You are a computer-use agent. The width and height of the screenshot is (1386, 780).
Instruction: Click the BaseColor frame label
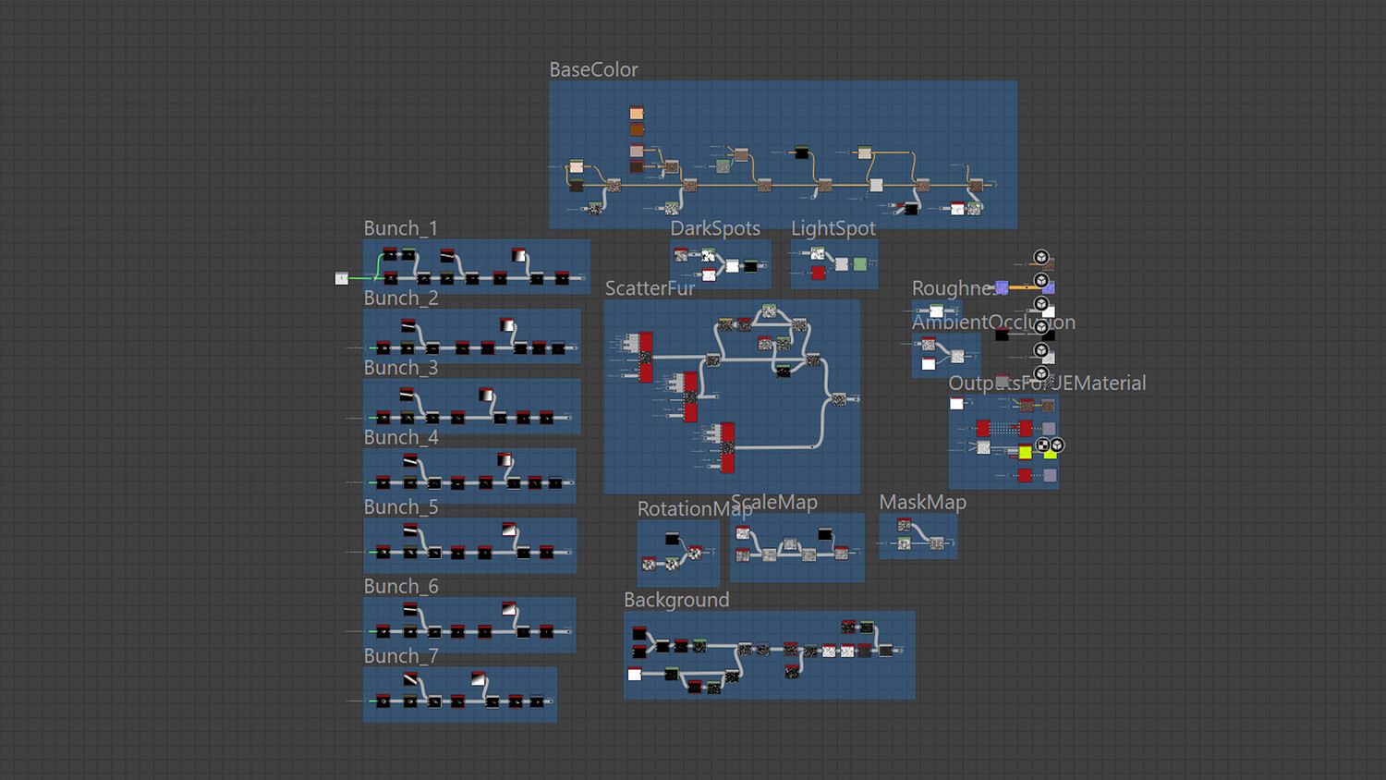click(x=593, y=70)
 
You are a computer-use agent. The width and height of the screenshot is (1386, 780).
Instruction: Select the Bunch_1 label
click(x=400, y=228)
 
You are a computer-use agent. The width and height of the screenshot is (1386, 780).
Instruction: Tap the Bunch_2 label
click(x=400, y=299)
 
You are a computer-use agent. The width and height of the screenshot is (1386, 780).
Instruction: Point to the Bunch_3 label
click(x=400, y=368)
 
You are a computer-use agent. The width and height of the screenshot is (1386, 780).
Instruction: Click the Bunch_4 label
click(x=400, y=437)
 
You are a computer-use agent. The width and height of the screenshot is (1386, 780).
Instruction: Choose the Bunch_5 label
click(x=400, y=507)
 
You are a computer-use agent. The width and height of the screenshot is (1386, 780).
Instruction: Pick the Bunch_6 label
click(x=400, y=587)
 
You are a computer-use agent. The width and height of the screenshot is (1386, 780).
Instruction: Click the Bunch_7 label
click(x=400, y=656)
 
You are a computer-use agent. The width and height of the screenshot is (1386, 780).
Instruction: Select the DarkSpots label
click(x=715, y=228)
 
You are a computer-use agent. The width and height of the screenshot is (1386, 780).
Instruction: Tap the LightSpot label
click(x=833, y=228)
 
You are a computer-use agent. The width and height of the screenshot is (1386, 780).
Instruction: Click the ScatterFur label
click(x=650, y=288)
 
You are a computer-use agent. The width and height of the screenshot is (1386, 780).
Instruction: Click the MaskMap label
click(x=922, y=503)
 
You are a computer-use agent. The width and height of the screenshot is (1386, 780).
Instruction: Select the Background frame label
click(x=676, y=600)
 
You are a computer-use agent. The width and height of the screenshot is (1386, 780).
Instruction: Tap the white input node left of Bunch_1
click(x=342, y=278)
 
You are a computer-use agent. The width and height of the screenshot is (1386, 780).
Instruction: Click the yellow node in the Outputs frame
click(x=1026, y=452)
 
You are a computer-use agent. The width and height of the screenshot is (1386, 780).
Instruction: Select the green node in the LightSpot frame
click(x=860, y=264)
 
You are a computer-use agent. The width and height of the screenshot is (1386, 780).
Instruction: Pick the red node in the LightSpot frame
click(x=818, y=273)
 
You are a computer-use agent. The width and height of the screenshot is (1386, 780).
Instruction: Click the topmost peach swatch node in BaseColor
click(x=637, y=113)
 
